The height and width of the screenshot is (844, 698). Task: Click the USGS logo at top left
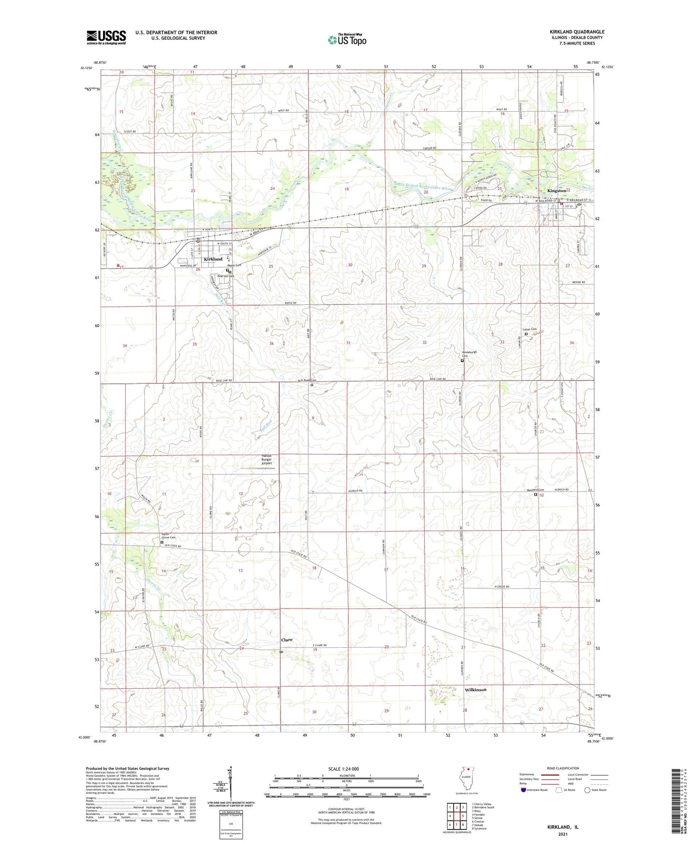tap(106, 37)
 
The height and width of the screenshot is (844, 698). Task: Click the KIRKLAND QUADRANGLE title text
tap(570, 32)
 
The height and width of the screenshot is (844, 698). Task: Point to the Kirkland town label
tap(213, 259)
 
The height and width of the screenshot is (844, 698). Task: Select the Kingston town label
tap(556, 190)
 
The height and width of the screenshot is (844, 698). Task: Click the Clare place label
tap(287, 640)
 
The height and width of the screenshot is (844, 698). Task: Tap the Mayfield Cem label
tap(535, 490)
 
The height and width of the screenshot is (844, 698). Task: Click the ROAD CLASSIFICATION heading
tap(563, 768)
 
